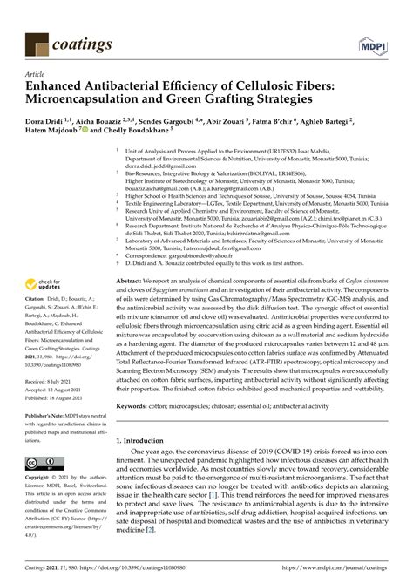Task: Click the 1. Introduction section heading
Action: (147, 442)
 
